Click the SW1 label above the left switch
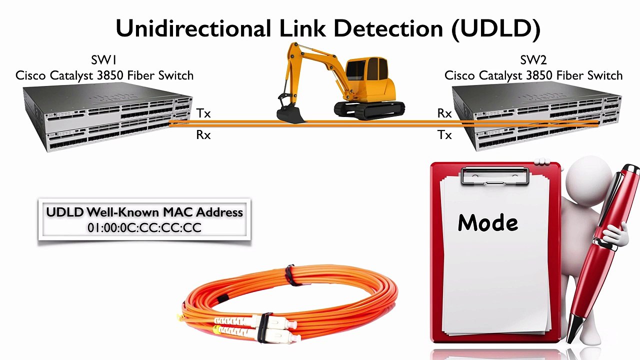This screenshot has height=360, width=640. click(104, 60)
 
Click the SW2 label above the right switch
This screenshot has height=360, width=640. click(533, 60)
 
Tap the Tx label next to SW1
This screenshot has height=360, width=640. click(203, 113)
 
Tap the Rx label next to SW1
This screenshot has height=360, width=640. click(203, 135)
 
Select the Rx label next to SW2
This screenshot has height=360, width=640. click(444, 113)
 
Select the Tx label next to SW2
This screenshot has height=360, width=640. click(444, 135)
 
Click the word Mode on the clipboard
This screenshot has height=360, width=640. click(487, 223)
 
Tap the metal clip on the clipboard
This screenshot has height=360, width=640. click(495, 176)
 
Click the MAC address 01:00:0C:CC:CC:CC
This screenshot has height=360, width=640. click(144, 228)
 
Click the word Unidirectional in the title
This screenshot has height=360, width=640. click(192, 28)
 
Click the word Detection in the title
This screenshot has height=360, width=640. click(388, 28)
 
